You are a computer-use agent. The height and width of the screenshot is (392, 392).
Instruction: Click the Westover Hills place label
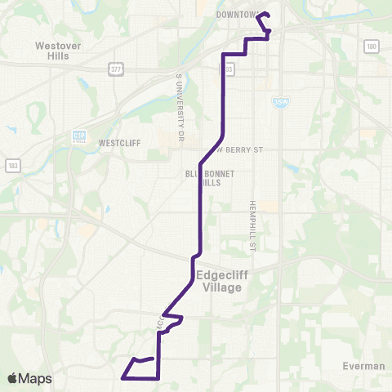57,51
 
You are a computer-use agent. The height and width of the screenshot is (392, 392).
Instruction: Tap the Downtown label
236,15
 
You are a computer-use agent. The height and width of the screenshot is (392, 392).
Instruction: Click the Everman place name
364,366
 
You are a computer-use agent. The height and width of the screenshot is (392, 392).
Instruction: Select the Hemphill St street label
253,220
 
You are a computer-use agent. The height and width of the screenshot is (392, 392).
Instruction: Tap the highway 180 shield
372,46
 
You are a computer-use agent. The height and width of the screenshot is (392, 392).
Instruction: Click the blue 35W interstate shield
278,100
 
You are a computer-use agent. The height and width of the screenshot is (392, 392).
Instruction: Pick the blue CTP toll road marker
79,136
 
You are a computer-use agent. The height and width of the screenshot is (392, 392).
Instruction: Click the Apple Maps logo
29,378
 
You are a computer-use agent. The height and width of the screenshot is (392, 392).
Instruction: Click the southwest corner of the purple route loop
122,378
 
